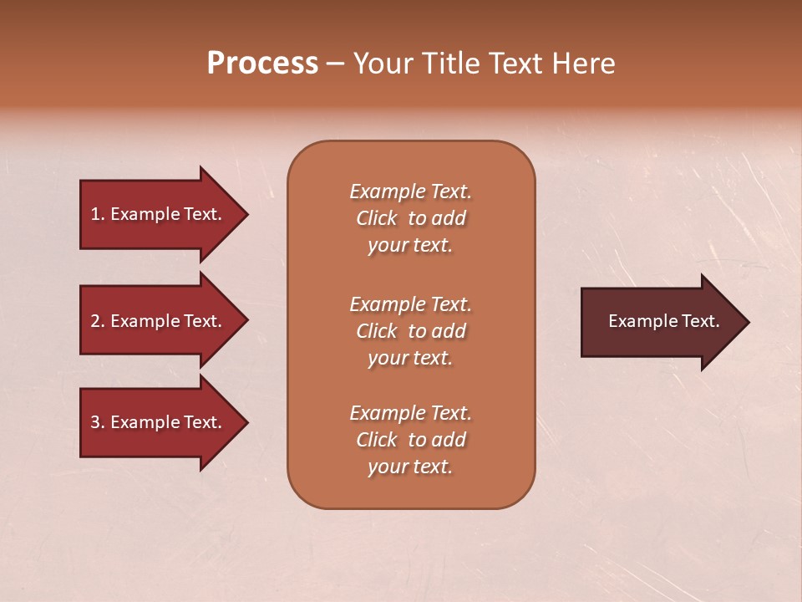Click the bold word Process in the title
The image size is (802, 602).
pos(262,64)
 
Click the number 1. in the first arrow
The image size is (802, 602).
pos(97,214)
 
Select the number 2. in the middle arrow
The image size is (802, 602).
pos(97,321)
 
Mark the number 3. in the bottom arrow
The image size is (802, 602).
pos(97,422)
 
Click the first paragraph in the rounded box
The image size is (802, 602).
pos(410,218)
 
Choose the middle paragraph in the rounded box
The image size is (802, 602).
pos(410,331)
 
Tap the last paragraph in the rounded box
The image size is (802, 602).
pos(410,440)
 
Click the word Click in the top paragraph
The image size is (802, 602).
pos(376,218)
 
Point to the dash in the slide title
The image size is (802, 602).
pos(335,64)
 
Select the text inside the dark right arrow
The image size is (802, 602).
pos(663,321)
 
